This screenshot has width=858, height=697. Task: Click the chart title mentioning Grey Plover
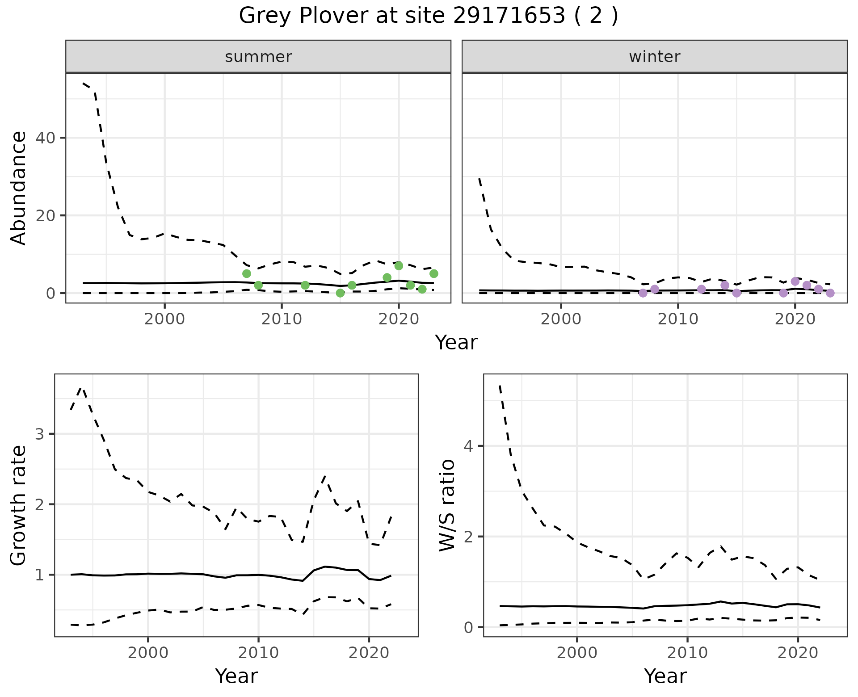click(x=429, y=16)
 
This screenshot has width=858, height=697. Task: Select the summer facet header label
click(x=258, y=57)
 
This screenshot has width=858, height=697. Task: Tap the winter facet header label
click(x=654, y=57)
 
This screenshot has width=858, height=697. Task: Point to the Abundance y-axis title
click(x=19, y=188)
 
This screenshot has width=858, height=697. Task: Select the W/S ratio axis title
click(x=447, y=505)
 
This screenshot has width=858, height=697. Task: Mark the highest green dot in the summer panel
click(x=399, y=266)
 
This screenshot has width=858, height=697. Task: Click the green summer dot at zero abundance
click(x=340, y=293)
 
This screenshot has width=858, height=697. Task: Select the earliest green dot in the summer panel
click(x=247, y=273)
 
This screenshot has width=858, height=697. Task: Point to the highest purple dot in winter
click(x=795, y=281)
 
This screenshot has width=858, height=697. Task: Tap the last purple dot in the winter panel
click(x=830, y=293)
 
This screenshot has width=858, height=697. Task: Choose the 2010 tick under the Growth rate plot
click(x=258, y=653)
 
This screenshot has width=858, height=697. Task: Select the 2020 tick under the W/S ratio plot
click(x=798, y=653)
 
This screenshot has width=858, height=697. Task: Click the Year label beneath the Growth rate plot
click(x=236, y=676)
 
